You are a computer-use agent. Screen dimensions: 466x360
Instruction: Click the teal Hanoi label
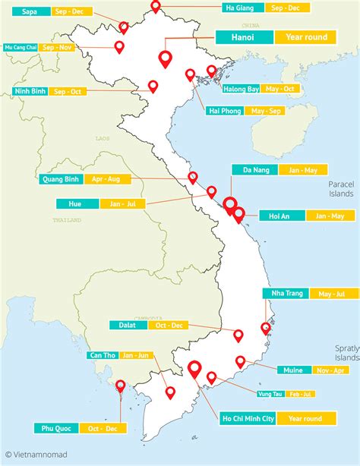click(244, 36)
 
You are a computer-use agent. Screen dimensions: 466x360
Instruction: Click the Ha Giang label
click(240, 8)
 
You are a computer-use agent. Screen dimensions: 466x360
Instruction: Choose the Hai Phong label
click(226, 111)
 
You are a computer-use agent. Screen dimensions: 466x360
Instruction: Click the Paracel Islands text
click(341, 189)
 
